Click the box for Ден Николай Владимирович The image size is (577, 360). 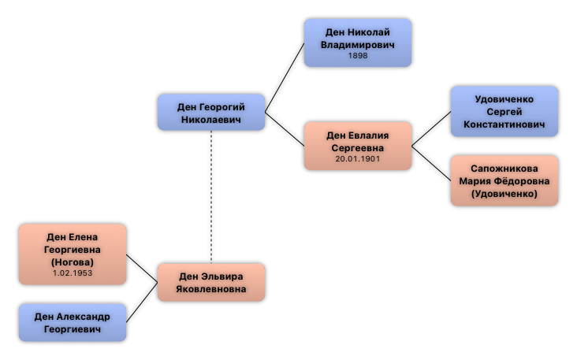358,43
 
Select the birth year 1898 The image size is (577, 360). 358,56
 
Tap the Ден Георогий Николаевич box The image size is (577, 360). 211,113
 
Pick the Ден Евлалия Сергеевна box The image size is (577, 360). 358,147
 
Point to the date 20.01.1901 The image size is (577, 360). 358,159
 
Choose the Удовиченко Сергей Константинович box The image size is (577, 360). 504,112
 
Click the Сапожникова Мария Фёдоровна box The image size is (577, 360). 504,181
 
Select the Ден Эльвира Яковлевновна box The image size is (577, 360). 211,283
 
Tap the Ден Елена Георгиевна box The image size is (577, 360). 73,254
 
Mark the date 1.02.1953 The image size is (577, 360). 73,273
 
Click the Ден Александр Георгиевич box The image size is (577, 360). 73,323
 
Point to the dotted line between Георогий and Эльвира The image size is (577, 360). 211,197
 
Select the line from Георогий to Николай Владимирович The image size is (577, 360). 285,77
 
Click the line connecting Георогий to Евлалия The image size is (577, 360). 285,129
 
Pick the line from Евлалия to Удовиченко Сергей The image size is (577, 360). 431,129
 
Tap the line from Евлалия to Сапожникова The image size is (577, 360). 431,164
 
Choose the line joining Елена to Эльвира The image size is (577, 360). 142,269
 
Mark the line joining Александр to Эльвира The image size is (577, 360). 142,302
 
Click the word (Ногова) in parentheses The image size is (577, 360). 73,262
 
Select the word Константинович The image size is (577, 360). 504,124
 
